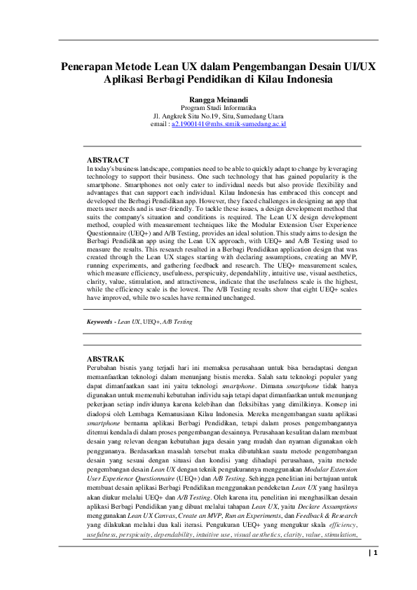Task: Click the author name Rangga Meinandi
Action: [209, 100]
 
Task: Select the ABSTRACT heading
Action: [107, 160]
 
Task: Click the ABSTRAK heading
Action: [105, 359]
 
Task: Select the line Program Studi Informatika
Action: [209, 109]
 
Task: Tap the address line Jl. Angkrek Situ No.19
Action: [209, 116]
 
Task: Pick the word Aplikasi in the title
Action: [127, 79]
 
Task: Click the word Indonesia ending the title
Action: [287, 79]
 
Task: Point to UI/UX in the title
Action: [359, 67]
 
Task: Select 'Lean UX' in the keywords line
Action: [129, 322]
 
